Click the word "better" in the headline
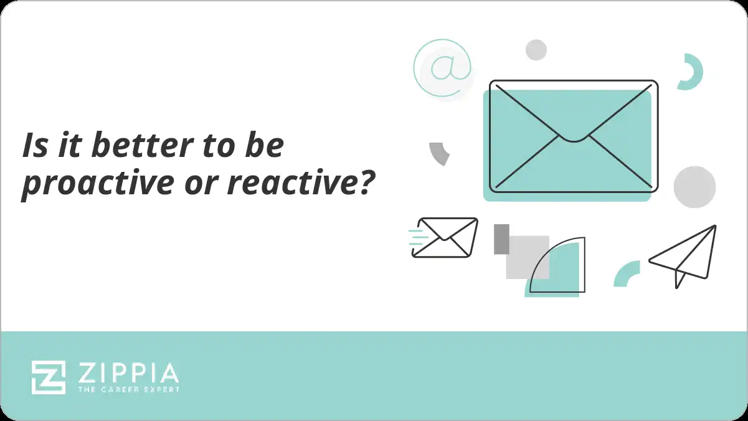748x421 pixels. point(135,145)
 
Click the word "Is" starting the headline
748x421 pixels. point(32,145)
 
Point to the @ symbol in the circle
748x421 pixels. point(442,68)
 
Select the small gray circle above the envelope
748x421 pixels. point(536,50)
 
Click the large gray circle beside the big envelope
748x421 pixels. point(694,187)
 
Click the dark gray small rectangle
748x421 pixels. point(501,239)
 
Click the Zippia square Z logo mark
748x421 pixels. point(49,377)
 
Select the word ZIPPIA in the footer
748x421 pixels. point(128,373)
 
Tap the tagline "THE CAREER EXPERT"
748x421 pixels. point(128,389)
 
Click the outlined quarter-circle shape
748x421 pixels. point(561,268)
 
